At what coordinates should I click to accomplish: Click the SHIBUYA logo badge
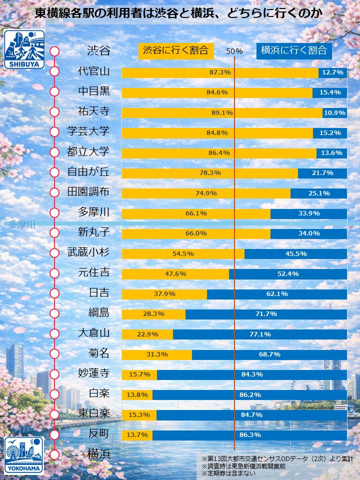24,49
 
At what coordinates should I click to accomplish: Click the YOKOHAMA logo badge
24,455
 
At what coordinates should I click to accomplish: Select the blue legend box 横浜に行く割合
294,50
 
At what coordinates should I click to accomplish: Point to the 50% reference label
234,51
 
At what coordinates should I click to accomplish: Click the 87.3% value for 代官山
220,72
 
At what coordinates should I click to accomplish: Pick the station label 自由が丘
88,172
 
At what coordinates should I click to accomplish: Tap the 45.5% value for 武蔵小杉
296,253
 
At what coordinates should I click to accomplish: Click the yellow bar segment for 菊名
157,354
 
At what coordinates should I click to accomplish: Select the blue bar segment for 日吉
276,294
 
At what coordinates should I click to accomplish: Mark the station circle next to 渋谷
54,51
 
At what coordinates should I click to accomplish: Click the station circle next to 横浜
54,454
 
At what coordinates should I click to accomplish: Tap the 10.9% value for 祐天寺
334,113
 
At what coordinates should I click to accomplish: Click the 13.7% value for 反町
137,435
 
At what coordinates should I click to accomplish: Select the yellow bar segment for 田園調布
206,193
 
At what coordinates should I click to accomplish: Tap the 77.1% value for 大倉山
260,334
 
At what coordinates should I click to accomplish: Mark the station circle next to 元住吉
54,273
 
